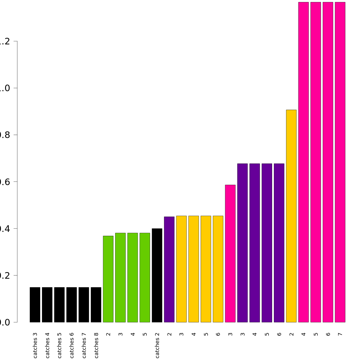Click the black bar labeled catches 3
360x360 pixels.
35,305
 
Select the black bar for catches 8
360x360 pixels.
96,305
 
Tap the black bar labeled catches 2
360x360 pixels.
157,275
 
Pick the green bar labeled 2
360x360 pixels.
108,279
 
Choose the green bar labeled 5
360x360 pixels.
145,277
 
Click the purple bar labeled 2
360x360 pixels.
169,269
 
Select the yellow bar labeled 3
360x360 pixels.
181,269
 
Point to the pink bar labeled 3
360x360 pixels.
230,253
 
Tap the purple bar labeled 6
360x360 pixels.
279,243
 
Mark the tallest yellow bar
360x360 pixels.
291,216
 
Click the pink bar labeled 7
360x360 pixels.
340,162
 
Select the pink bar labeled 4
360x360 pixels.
304,162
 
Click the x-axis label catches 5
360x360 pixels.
59,345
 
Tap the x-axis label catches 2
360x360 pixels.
157,345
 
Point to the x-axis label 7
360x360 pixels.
340,334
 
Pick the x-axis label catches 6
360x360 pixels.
72,345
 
